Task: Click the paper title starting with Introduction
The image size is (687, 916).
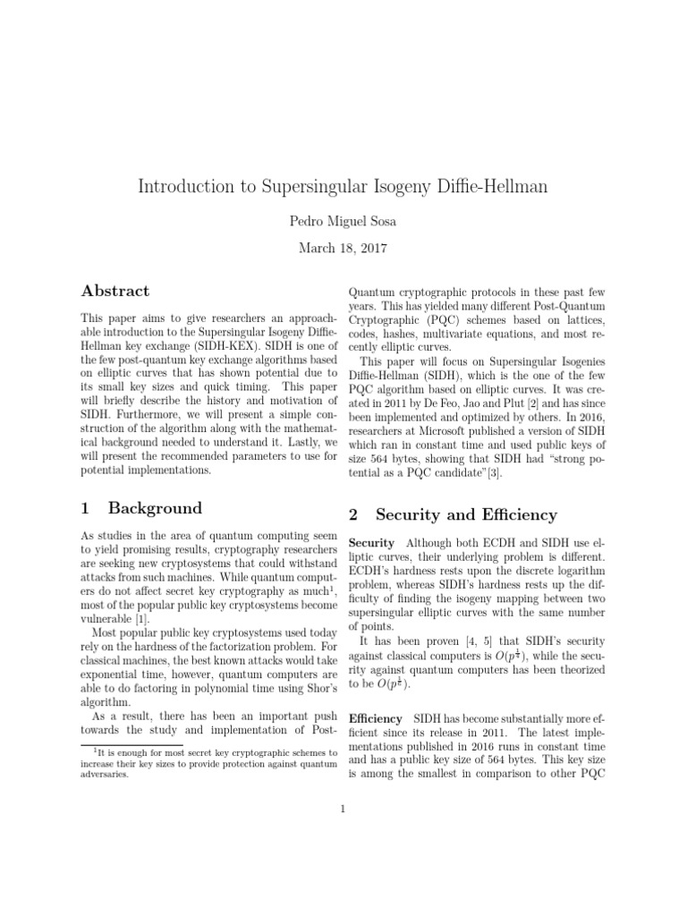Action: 343,187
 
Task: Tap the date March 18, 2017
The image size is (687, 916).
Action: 343,249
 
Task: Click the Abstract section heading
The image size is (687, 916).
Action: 115,292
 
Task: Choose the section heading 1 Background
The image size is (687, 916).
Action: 142,508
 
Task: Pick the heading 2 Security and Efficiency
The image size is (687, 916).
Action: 453,514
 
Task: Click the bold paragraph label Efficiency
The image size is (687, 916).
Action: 375,718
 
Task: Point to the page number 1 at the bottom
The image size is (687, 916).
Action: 343,810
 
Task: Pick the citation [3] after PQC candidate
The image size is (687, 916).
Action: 495,474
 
